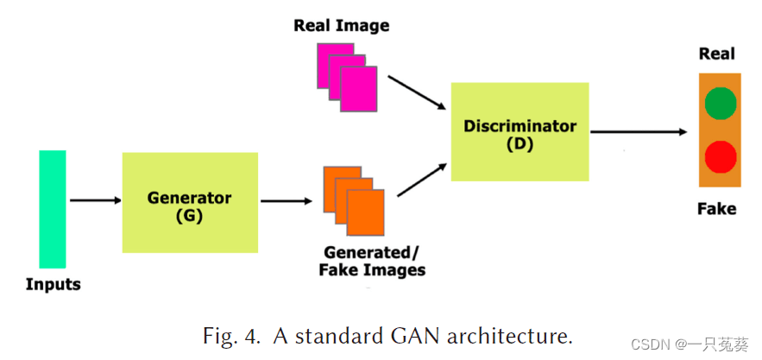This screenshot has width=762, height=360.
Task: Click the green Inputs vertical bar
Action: pyautogui.click(x=53, y=209)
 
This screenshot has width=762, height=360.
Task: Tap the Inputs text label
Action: pyautogui.click(x=53, y=284)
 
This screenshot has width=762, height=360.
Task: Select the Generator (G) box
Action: pyautogui.click(x=190, y=203)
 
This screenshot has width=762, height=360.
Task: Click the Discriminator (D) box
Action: pyautogui.click(x=520, y=132)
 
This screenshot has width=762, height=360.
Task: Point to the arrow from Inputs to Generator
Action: pyautogui.click(x=95, y=201)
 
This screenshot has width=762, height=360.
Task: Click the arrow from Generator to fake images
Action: pyautogui.click(x=286, y=201)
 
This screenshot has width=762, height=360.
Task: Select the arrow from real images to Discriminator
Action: pyautogui.click(x=416, y=93)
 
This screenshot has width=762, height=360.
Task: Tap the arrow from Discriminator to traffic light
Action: pyautogui.click(x=639, y=132)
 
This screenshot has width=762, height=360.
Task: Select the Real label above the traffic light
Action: pyautogui.click(x=716, y=54)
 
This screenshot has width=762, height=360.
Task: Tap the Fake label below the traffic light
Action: pyautogui.click(x=716, y=208)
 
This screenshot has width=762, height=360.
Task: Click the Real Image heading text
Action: pyautogui.click(x=341, y=25)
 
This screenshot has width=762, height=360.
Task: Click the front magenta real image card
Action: pyautogui.click(x=358, y=90)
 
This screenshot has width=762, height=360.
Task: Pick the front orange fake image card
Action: pyautogui.click(x=364, y=212)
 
